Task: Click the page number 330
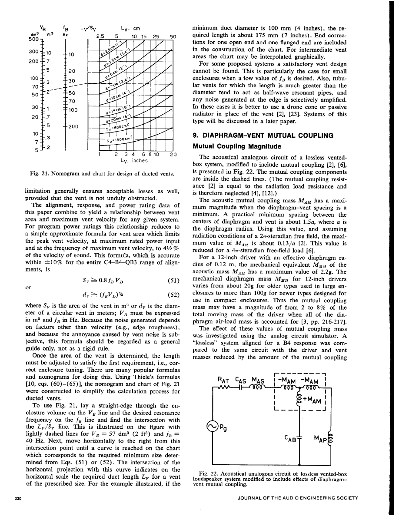[x=18, y=498]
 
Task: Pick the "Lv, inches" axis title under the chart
[x=135, y=160]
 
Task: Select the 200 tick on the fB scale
[x=72, y=127]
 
